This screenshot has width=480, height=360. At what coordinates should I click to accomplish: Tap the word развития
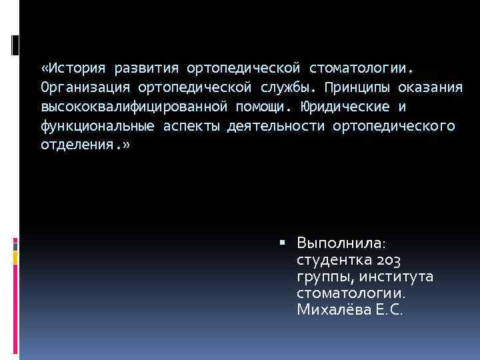pos(147,69)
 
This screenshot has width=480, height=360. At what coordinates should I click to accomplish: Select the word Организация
pos(85,88)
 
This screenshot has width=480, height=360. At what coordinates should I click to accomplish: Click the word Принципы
pos(361,88)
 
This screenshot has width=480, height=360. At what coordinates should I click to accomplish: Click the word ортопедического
pos(393,127)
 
